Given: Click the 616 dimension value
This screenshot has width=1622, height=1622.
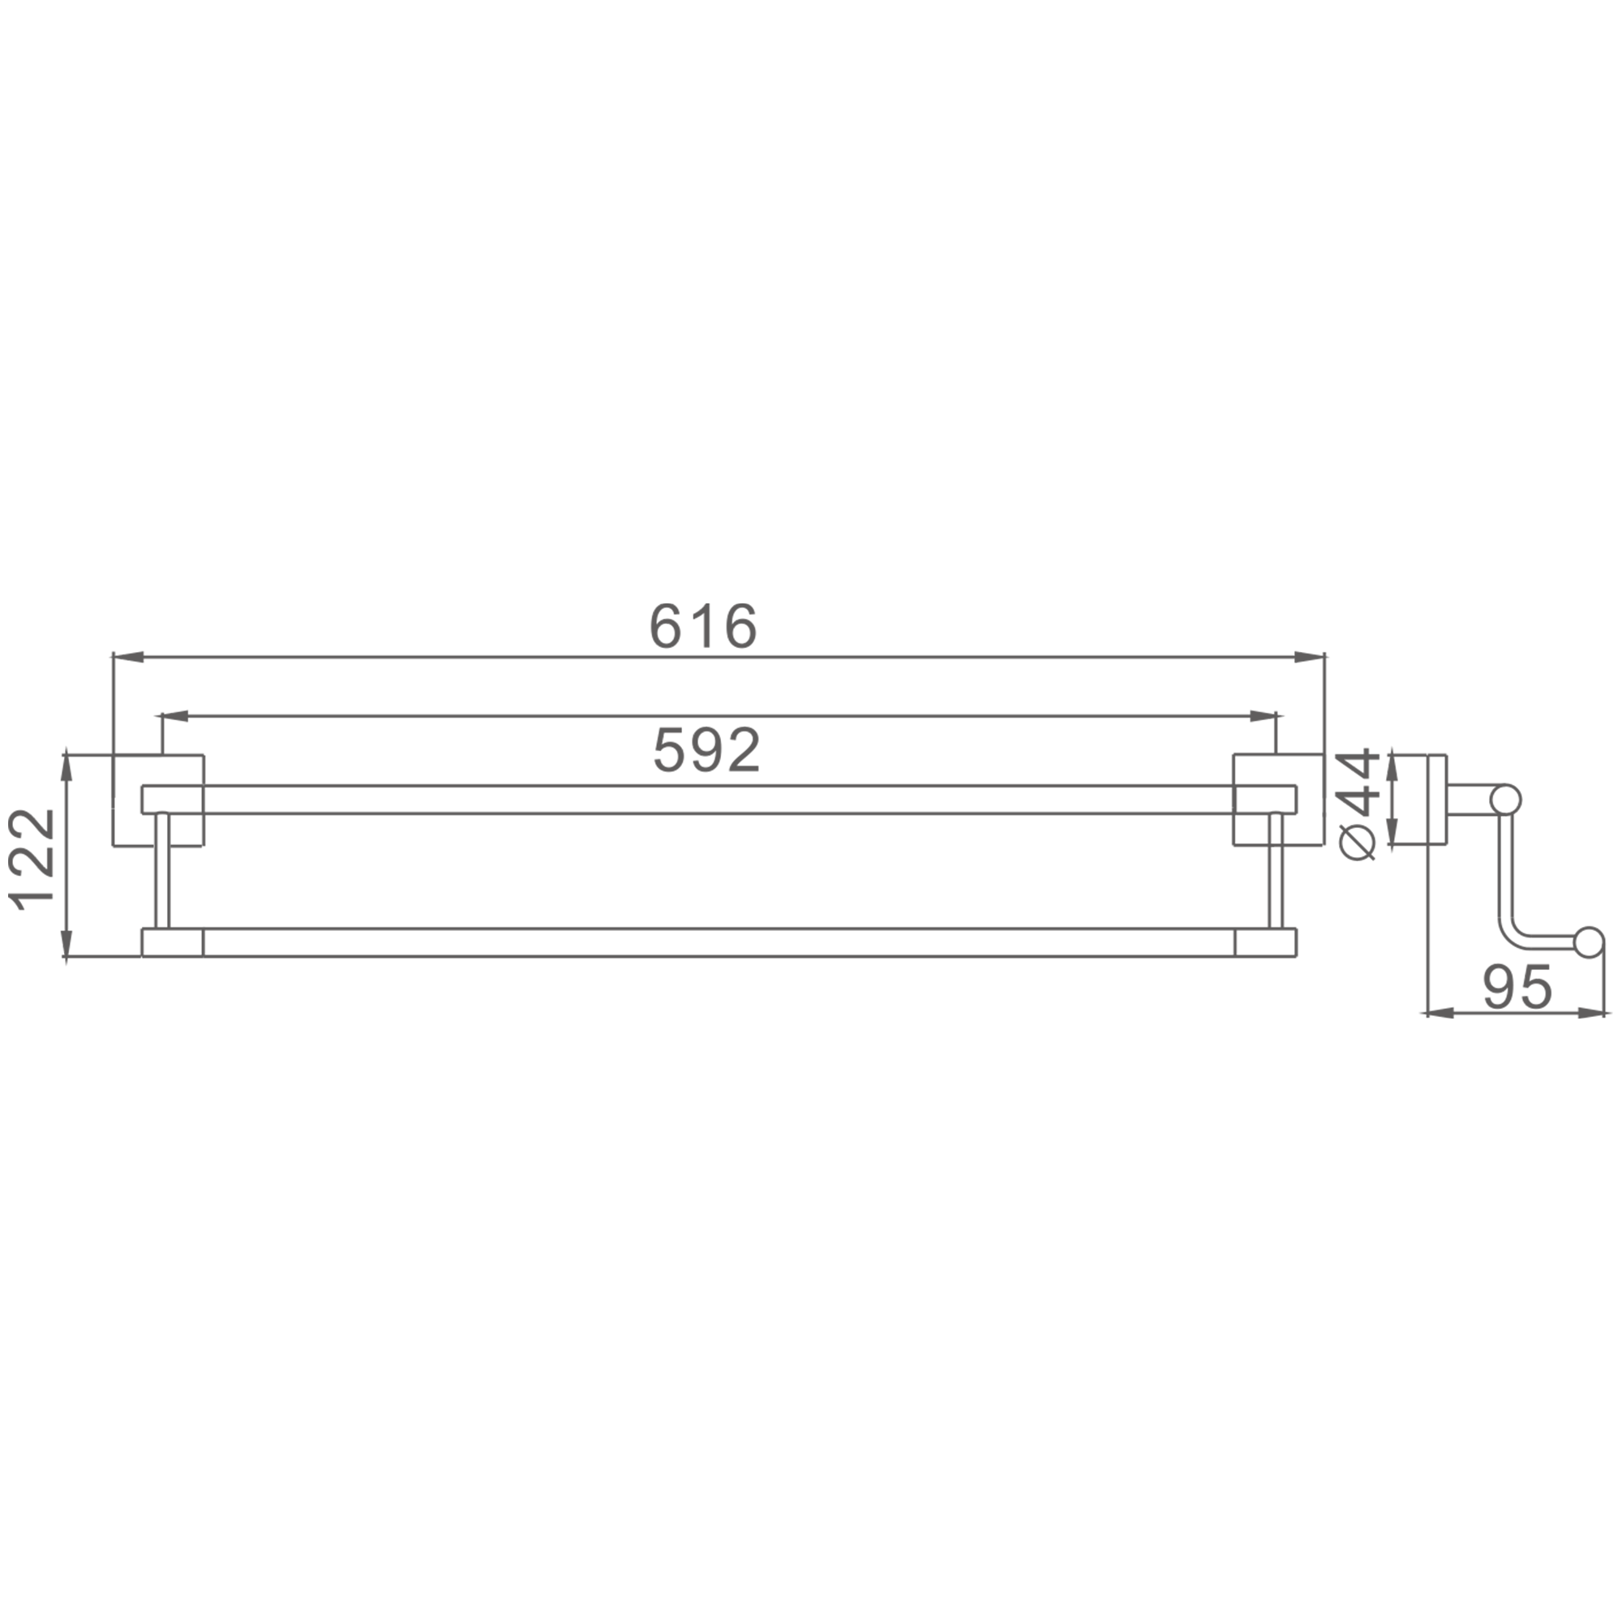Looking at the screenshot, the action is [703, 625].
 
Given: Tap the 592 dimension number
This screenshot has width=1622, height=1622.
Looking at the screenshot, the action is [707, 749].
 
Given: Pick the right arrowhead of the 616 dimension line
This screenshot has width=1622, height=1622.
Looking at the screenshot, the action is [1308, 658].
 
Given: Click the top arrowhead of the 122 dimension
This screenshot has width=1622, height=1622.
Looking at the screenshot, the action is [67, 770].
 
